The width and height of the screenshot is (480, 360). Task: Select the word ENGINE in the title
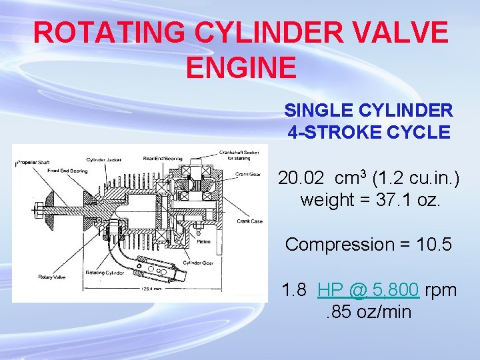tap(241, 67)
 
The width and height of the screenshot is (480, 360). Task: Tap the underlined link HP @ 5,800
tap(369, 290)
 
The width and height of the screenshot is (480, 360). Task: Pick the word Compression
tap(339, 245)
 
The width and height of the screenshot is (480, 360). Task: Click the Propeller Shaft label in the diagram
tap(33, 163)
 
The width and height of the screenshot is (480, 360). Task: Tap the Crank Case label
tap(249, 222)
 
